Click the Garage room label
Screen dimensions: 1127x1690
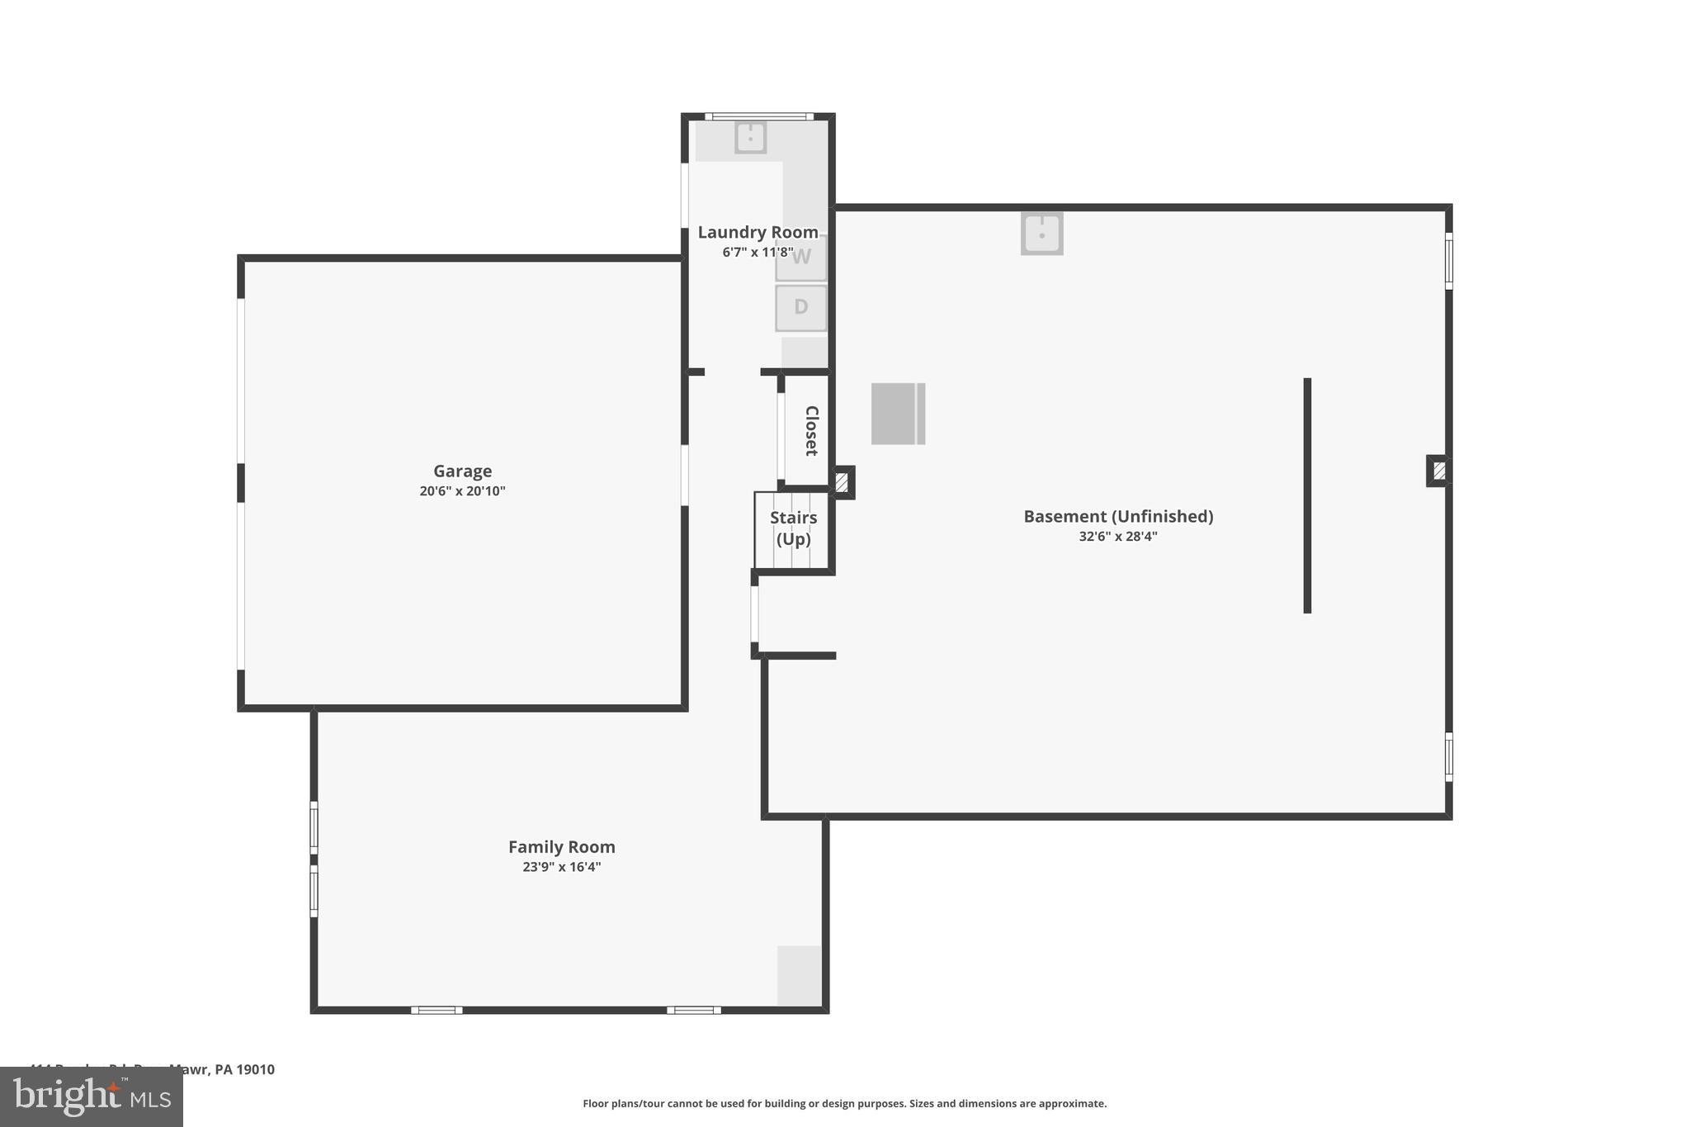(x=462, y=471)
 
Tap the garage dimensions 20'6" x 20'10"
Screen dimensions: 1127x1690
(x=462, y=491)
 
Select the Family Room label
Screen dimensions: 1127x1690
(x=561, y=846)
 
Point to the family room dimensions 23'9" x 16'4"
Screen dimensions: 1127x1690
(x=561, y=867)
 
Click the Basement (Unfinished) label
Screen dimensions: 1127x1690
(x=1118, y=516)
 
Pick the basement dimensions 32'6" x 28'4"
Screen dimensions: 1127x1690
(x=1118, y=537)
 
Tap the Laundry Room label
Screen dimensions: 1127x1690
(x=758, y=232)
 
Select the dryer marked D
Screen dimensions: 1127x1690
(x=800, y=308)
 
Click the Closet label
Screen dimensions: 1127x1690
(x=811, y=430)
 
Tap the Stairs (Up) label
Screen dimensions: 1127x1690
(x=793, y=528)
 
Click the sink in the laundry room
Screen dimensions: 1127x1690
(x=750, y=137)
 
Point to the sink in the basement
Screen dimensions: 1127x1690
(x=1041, y=234)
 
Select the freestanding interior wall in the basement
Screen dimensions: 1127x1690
(x=1307, y=495)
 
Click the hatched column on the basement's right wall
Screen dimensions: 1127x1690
(x=1438, y=471)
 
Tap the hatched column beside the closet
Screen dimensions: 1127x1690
(x=842, y=482)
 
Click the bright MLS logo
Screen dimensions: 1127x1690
(x=92, y=1096)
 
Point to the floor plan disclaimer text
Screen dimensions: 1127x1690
(x=844, y=1104)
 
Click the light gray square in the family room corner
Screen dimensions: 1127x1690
(x=799, y=975)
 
